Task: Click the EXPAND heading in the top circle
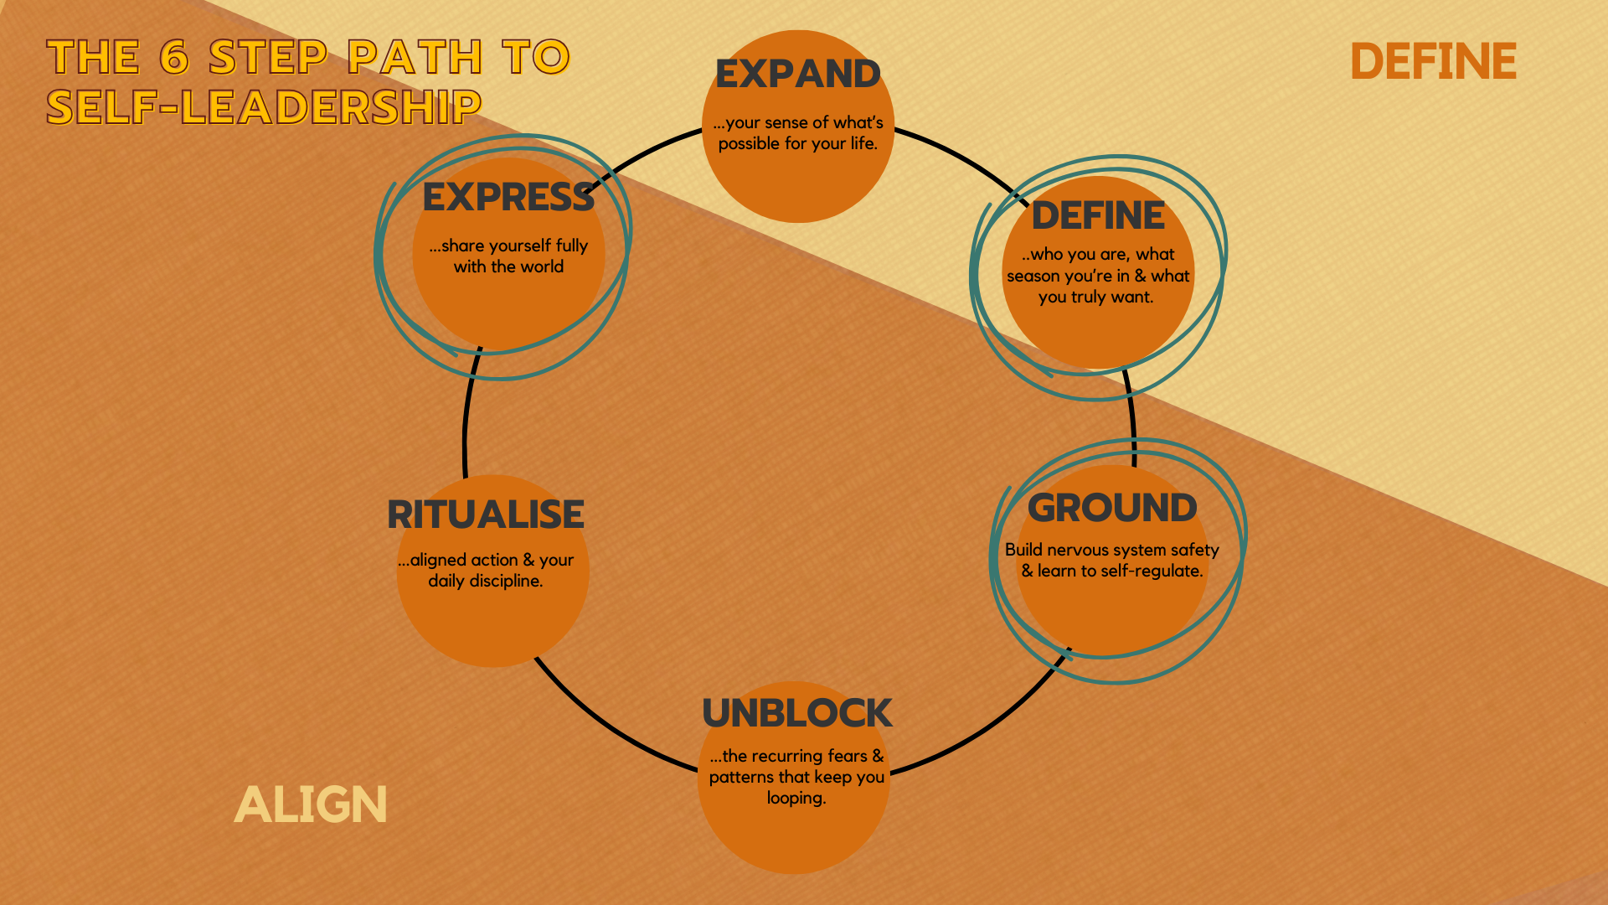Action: click(797, 75)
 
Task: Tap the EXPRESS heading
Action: click(508, 198)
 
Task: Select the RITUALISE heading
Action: click(486, 515)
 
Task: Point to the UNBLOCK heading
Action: click(796, 713)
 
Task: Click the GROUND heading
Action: click(1112, 508)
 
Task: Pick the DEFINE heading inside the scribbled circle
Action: click(1098, 216)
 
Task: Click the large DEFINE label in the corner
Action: click(1433, 62)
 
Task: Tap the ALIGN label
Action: click(311, 805)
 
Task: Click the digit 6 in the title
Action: click(174, 57)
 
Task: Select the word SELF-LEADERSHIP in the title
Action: click(264, 107)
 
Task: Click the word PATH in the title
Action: click(415, 57)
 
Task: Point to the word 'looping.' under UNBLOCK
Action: click(796, 799)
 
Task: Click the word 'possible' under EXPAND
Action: click(750, 144)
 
